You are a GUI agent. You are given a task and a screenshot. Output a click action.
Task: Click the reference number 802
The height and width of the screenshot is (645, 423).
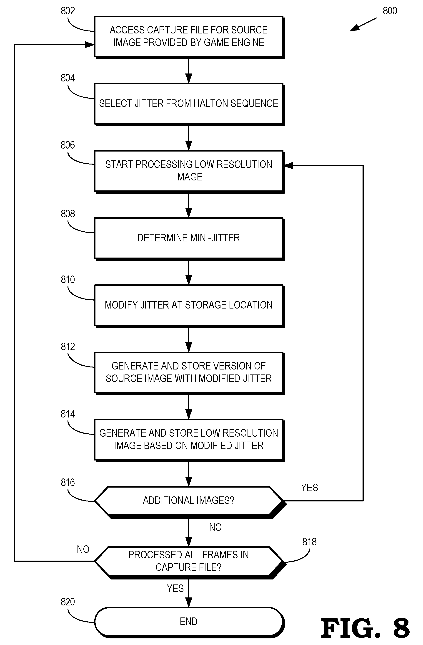click(x=68, y=11)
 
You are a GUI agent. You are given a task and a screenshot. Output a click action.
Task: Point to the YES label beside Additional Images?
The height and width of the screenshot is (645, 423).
click(x=309, y=488)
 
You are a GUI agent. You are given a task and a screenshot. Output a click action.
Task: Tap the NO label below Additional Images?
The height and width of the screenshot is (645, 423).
click(x=215, y=527)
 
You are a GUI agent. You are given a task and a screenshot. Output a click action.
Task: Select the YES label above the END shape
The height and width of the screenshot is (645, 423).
click(x=175, y=588)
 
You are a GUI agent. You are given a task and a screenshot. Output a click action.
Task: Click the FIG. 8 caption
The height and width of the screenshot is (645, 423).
click(x=365, y=628)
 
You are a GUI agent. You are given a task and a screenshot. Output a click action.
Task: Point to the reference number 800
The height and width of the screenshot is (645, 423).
click(x=390, y=11)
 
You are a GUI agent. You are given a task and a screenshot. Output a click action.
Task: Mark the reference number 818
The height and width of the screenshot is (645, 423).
click(x=309, y=542)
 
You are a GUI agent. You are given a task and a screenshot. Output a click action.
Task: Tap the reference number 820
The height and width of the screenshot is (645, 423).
click(x=68, y=602)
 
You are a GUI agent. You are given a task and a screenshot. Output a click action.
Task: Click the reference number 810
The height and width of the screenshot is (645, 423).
click(x=68, y=279)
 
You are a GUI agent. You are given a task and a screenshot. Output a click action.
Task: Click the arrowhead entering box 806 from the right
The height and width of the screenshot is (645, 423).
click(x=288, y=165)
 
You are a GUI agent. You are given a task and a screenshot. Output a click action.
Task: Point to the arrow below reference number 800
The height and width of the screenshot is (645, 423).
click(x=363, y=25)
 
